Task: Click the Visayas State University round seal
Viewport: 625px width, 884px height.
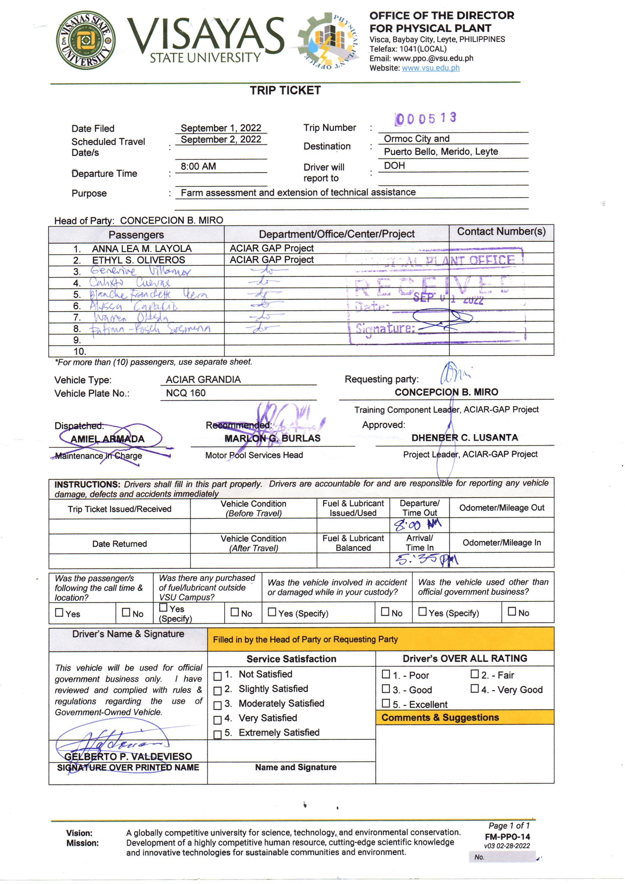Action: coord(85,40)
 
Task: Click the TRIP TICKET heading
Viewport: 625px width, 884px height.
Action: coord(285,91)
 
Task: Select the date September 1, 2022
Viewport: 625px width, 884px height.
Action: coord(221,128)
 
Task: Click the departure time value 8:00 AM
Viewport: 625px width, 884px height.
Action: coord(198,166)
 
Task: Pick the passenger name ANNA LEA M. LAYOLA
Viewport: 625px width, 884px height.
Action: coord(142,248)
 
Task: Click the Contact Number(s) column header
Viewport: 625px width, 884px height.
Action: coord(501,231)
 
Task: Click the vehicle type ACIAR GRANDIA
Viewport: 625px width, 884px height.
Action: coord(203,379)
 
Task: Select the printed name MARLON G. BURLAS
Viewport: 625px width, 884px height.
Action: coord(273,438)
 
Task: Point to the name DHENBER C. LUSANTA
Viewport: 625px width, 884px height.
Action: coord(465,437)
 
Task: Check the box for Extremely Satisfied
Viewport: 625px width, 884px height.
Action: coord(217,734)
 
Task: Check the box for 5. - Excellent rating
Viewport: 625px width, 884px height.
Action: coord(386,703)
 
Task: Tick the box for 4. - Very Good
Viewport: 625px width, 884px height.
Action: coord(475,688)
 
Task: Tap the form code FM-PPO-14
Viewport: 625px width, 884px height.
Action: coord(507,837)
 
